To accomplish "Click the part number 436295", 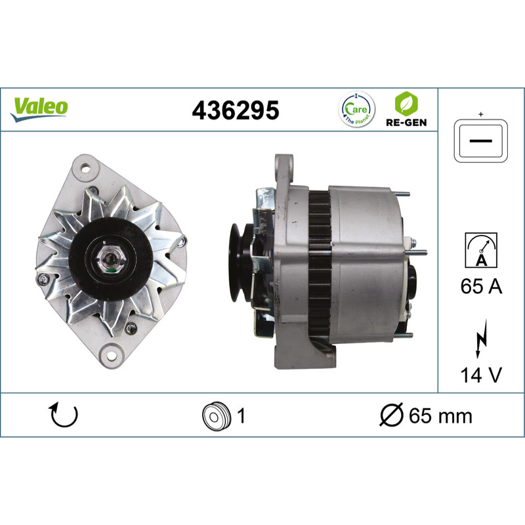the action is (236, 110).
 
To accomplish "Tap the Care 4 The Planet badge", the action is (356, 109).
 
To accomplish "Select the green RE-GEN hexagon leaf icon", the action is (406, 104).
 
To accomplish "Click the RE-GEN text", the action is (406, 123).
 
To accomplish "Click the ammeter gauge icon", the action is (481, 250).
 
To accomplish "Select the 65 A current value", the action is (481, 286).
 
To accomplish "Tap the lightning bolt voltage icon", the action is (481, 339).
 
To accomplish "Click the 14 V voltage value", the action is (481, 375).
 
